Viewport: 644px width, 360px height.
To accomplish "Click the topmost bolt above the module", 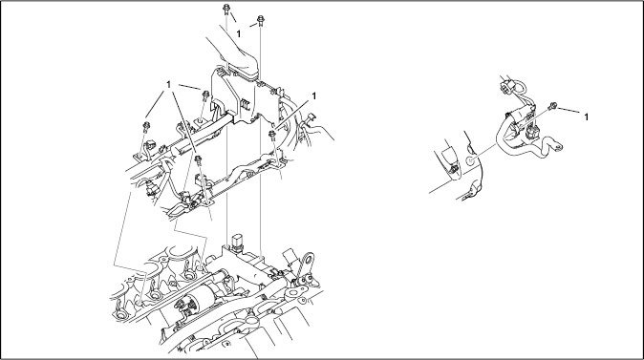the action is pos(226,10).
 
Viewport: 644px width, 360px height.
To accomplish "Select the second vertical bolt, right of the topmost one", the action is pos(261,20).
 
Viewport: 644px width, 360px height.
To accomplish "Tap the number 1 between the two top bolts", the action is pos(239,33).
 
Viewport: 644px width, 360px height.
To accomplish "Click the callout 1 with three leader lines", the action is pos(168,85).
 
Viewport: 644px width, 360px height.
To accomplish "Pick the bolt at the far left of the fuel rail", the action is pos(146,127).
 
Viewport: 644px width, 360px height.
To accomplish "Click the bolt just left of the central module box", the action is pos(205,96).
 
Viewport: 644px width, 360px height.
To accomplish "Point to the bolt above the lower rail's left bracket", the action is pos(199,160).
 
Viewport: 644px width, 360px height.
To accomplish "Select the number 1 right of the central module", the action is pos(314,96).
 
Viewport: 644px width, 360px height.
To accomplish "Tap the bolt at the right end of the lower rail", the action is pos(272,136).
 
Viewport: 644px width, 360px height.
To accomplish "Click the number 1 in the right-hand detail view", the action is pos(586,117).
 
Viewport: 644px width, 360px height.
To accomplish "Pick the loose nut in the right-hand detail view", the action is pos(553,106).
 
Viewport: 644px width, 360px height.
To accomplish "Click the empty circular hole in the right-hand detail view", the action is pos(470,160).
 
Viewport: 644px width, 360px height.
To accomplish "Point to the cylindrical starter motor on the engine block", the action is pos(202,299).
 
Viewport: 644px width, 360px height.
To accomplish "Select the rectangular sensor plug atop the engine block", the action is pos(238,242).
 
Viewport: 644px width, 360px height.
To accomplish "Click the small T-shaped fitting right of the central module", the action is pos(310,120).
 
